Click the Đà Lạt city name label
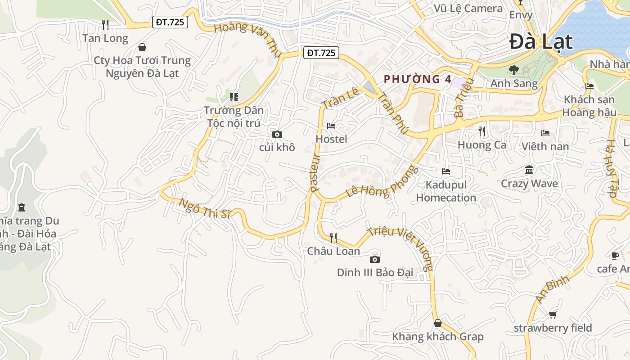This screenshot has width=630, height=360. pyautogui.click(x=541, y=42)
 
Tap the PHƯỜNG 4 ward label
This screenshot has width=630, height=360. pyautogui.click(x=417, y=79)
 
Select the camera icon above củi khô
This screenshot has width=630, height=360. pyautogui.click(x=277, y=134)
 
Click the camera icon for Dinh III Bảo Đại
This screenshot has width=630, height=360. pyautogui.click(x=374, y=259)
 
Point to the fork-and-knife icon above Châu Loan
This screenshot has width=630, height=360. pyautogui.click(x=333, y=238)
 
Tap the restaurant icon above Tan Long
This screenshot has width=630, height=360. pyautogui.click(x=105, y=25)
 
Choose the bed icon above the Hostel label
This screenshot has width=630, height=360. pyautogui.click(x=331, y=126)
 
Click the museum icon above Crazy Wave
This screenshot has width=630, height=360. pyautogui.click(x=529, y=170)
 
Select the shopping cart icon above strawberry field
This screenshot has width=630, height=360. pyautogui.click(x=553, y=315)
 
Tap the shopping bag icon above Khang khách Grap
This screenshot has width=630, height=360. pyautogui.click(x=437, y=323)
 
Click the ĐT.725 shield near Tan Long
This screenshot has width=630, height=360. pyautogui.click(x=170, y=22)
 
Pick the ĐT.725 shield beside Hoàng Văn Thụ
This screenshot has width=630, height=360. pyautogui.click(x=321, y=53)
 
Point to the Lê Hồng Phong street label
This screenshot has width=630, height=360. pyautogui.click(x=382, y=182)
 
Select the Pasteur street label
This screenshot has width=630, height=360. pyautogui.click(x=315, y=173)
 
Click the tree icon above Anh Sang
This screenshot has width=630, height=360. pyautogui.click(x=513, y=70)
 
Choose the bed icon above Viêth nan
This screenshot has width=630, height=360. pyautogui.click(x=545, y=133)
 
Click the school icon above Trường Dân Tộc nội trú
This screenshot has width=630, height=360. pyautogui.click(x=234, y=97)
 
